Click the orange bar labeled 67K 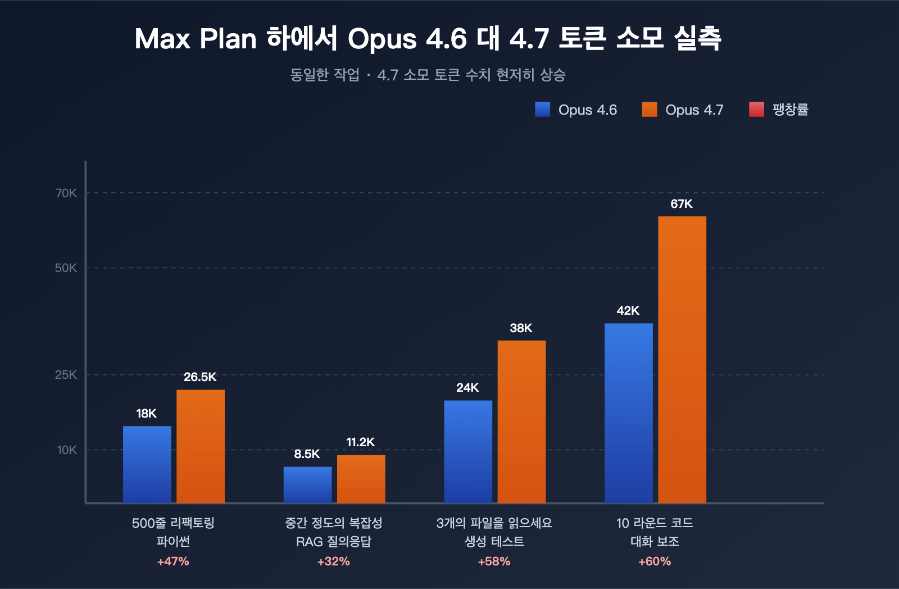[x=682, y=360]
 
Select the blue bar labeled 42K [x=628, y=413]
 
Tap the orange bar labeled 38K [x=521, y=422]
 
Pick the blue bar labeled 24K [x=468, y=451]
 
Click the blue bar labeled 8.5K [x=307, y=484]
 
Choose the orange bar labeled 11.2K [x=361, y=479]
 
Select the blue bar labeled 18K [x=147, y=464]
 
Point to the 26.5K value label [x=200, y=377]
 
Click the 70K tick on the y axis [x=66, y=193]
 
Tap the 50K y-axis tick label [x=66, y=268]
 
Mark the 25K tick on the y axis [x=66, y=375]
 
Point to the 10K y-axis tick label [x=67, y=450]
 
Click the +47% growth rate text [x=173, y=561]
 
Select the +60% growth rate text [x=655, y=561]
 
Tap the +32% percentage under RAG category [x=334, y=561]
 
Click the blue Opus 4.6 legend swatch [x=543, y=110]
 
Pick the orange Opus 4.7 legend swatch [x=650, y=110]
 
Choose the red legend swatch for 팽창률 [x=756, y=110]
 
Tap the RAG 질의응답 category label [x=334, y=542]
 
